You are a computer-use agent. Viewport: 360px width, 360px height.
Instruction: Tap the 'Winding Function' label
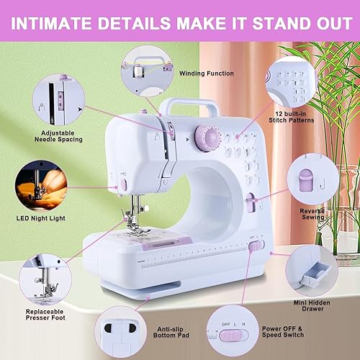click(207, 73)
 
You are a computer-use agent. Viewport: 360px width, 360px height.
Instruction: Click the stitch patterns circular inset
click(291, 80)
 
